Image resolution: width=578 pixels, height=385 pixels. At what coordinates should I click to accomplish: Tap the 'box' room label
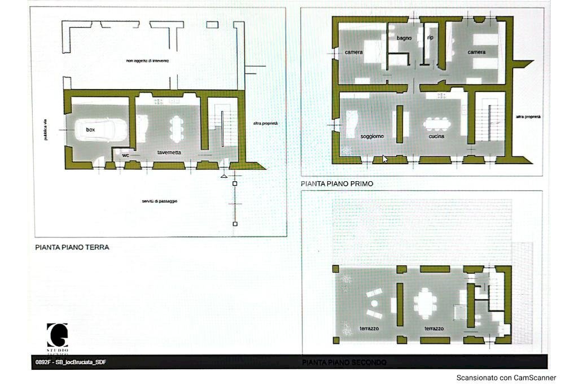click(90, 130)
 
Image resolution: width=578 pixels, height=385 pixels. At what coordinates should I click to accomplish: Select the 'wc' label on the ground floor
click(126, 155)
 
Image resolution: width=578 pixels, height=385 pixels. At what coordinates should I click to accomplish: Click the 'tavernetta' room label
click(169, 152)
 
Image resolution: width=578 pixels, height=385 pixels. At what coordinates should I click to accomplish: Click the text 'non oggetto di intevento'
click(147, 60)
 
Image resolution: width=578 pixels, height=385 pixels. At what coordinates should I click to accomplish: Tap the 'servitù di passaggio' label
click(156, 201)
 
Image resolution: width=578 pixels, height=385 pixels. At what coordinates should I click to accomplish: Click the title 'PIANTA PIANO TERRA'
click(72, 247)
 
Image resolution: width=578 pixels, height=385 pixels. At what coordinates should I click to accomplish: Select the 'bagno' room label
click(404, 38)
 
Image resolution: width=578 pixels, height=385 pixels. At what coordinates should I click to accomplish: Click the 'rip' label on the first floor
click(430, 38)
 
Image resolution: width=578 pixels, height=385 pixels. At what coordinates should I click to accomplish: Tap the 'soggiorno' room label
click(373, 136)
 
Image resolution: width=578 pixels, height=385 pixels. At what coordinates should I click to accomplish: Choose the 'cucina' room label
click(436, 136)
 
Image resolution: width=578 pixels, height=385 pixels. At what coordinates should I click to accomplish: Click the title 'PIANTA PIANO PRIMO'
click(337, 183)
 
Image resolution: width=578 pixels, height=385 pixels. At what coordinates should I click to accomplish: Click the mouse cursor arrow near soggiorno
click(385, 159)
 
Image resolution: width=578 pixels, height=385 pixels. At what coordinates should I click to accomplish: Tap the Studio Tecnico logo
click(57, 338)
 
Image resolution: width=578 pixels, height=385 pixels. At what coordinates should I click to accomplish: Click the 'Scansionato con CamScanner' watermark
click(506, 378)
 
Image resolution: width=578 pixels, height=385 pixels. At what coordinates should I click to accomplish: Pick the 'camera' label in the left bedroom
click(354, 53)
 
